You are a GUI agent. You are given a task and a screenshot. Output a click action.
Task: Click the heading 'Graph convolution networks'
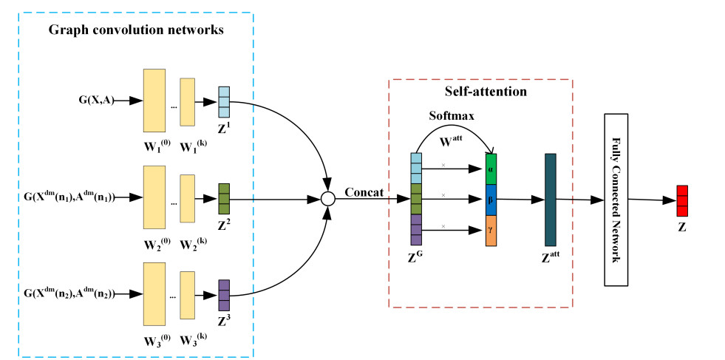(136, 30)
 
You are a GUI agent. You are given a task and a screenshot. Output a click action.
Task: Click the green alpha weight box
(491, 168)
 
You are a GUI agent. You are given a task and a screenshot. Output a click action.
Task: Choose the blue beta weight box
(491, 199)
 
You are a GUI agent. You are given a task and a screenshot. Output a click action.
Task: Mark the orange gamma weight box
(491, 230)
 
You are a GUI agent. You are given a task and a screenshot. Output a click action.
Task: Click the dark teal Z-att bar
(550, 199)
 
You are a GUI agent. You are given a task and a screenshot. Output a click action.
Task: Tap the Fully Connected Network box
(617, 200)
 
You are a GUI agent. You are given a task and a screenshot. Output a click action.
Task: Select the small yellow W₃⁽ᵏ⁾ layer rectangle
(187, 293)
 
